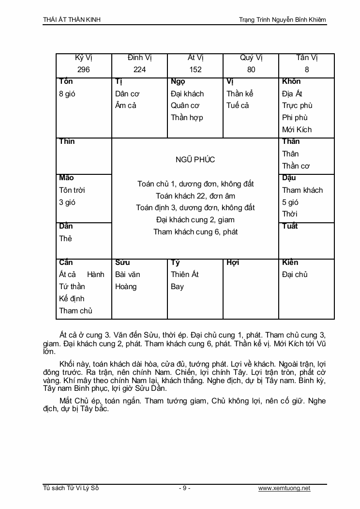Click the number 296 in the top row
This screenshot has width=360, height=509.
click(x=84, y=70)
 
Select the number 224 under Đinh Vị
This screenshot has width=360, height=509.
click(x=139, y=70)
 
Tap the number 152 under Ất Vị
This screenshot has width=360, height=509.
click(x=195, y=70)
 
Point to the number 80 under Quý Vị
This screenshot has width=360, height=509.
click(x=251, y=70)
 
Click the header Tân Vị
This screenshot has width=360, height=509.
click(x=306, y=58)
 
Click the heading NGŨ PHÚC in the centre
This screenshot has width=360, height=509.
click(x=195, y=160)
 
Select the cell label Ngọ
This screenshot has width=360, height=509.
click(x=178, y=81)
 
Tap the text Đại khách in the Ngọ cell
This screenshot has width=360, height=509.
click(x=187, y=93)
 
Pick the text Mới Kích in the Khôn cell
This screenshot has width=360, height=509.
click(x=297, y=129)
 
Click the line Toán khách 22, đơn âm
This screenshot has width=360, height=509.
click(x=195, y=196)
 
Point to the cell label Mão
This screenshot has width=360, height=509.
click(x=66, y=178)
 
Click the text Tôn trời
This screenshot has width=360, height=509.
click(x=72, y=190)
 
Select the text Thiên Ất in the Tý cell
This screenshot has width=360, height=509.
click(x=185, y=275)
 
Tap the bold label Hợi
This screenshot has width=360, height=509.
click(x=233, y=262)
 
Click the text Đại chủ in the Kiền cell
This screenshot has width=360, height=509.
click(x=295, y=275)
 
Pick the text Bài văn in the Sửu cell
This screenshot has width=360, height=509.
click(x=128, y=275)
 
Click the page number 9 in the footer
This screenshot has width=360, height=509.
click(x=184, y=488)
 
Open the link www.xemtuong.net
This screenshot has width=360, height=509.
click(x=284, y=488)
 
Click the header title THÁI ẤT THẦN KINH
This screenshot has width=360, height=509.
click(x=72, y=20)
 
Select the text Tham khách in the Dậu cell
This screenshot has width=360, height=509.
click(x=302, y=190)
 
